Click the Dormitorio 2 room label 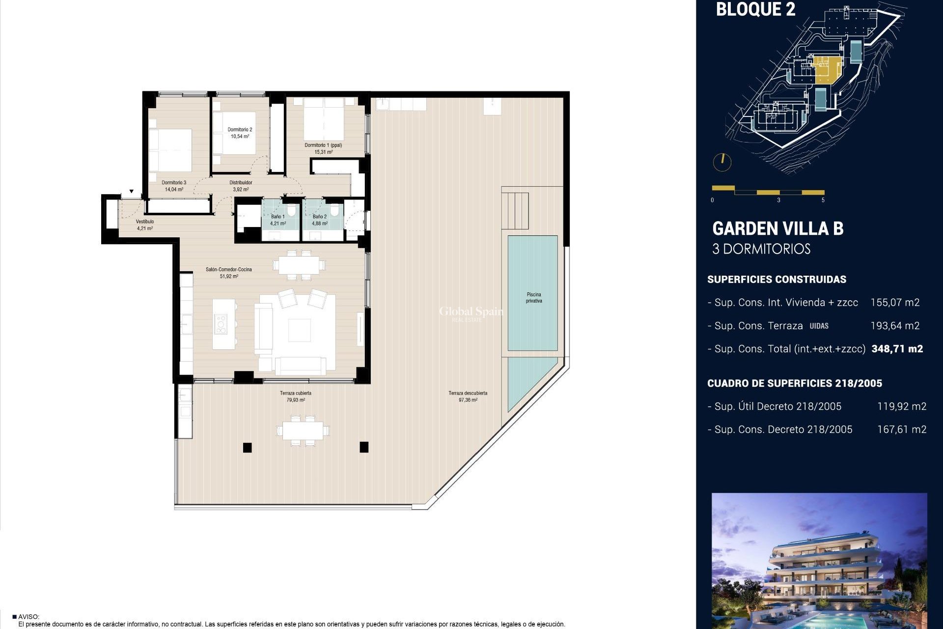click(240, 130)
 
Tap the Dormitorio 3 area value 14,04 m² click(174, 189)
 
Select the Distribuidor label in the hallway click(241, 183)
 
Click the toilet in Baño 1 click(292, 211)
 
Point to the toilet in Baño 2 click(334, 211)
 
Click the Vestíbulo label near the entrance click(145, 222)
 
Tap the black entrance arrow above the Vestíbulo click(132, 192)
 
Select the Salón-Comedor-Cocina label click(229, 269)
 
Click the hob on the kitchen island click(221, 325)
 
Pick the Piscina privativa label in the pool click(534, 298)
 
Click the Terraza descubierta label click(468, 393)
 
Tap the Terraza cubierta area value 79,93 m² click(296, 400)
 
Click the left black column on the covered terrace click(247, 447)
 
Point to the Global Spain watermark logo click(471, 313)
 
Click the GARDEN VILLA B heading click(777, 229)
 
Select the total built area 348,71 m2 click(897, 349)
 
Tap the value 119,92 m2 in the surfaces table click(901, 406)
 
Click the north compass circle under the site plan click(722, 162)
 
